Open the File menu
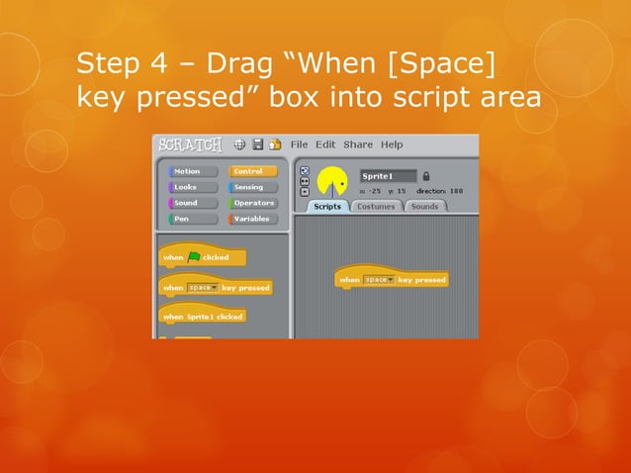[x=299, y=144]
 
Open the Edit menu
[x=325, y=144]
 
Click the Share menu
[x=358, y=144]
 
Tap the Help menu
[x=392, y=144]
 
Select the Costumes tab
[x=376, y=207]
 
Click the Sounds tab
[x=424, y=207]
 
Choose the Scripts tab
[x=327, y=207]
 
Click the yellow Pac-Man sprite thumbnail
[x=334, y=183]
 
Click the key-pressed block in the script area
[x=393, y=280]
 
